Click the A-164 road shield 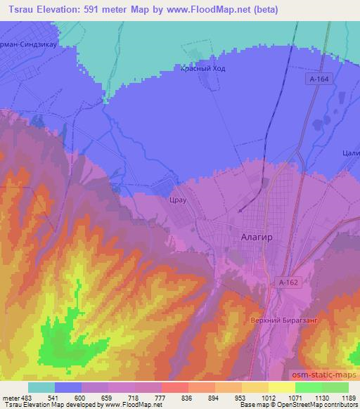318,80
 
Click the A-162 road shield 282,283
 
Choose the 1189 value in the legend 348,397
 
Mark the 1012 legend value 268,397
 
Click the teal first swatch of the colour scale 41,387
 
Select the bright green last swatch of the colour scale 335,387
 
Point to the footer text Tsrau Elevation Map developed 56,405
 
